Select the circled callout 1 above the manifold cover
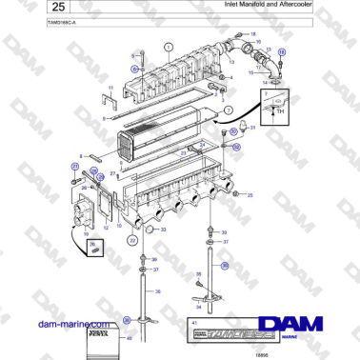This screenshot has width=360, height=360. point(168,46)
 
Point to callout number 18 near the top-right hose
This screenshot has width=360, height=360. point(253,33)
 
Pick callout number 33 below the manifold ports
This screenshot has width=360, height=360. point(163,229)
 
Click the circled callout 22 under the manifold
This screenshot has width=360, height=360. point(132,241)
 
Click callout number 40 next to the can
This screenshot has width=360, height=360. point(130,337)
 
